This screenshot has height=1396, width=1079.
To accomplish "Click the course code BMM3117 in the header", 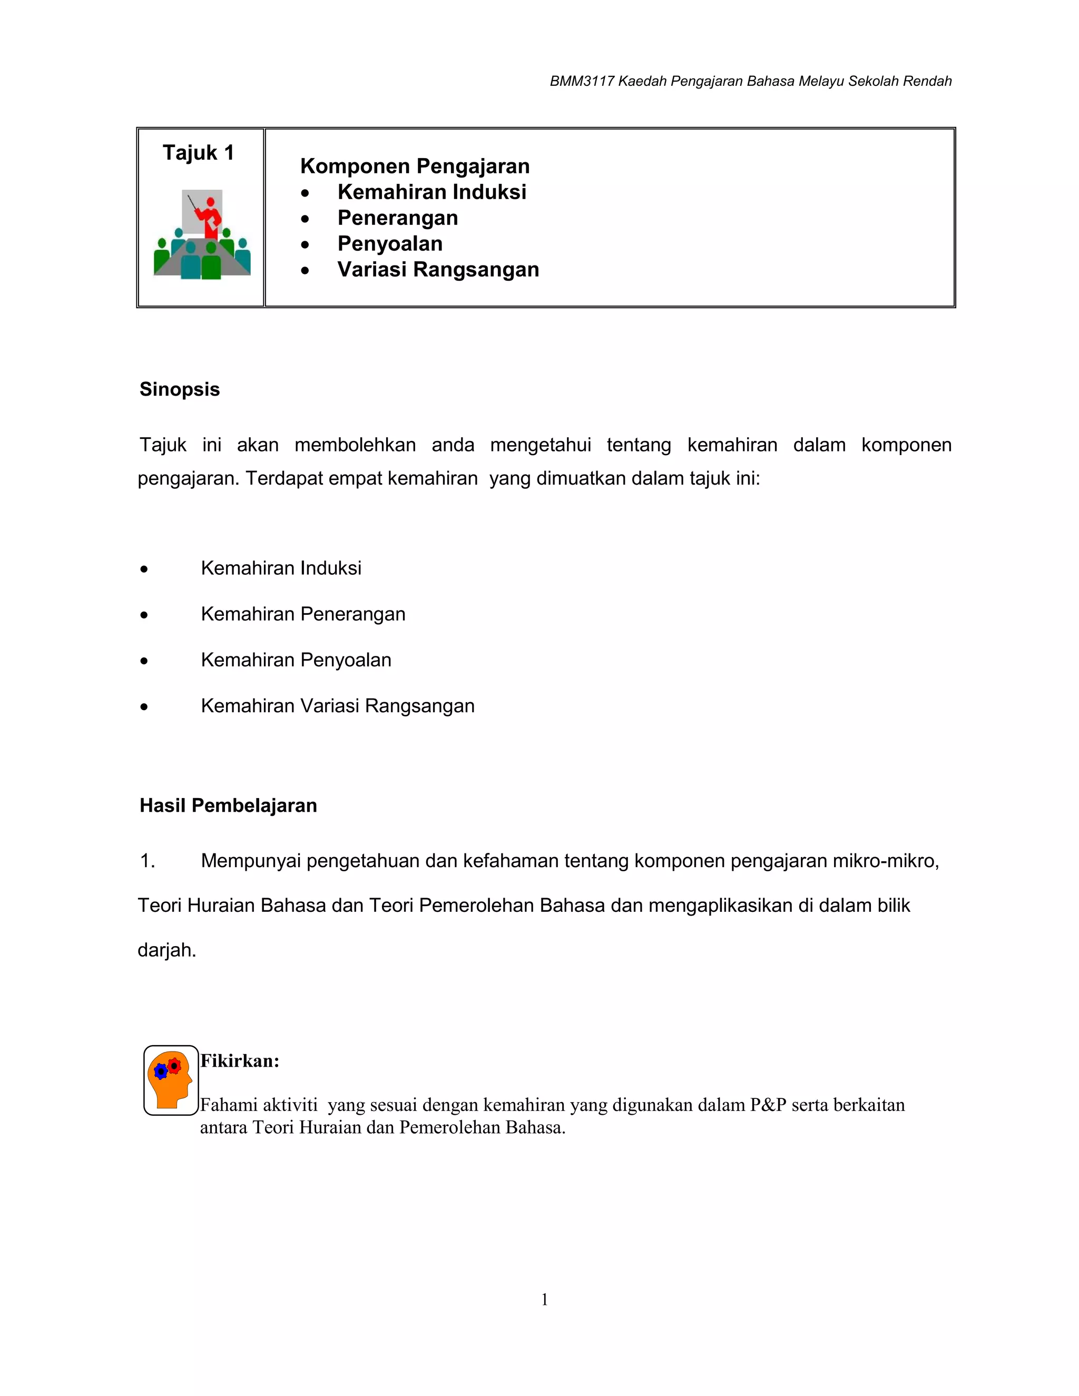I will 582,82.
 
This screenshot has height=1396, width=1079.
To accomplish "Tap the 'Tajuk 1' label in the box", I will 198,153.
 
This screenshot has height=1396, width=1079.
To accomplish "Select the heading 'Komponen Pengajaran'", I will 415,166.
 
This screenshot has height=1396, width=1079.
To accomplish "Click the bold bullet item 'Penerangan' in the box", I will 398,218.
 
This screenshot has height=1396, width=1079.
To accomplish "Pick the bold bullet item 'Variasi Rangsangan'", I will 438,270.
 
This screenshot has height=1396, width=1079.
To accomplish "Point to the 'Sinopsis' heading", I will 180,389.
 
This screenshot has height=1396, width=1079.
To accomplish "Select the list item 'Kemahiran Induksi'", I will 281,568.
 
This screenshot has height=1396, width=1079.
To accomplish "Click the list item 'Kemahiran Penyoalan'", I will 296,660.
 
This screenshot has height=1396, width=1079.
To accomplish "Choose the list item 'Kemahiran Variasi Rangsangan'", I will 338,706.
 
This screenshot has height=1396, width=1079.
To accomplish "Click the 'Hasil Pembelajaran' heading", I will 228,805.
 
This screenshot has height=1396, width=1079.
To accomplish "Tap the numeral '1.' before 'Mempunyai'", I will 148,862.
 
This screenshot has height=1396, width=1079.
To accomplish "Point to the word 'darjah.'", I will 167,950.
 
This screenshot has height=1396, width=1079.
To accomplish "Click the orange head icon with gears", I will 170,1080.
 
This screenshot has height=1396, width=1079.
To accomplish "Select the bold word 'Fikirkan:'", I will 240,1061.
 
